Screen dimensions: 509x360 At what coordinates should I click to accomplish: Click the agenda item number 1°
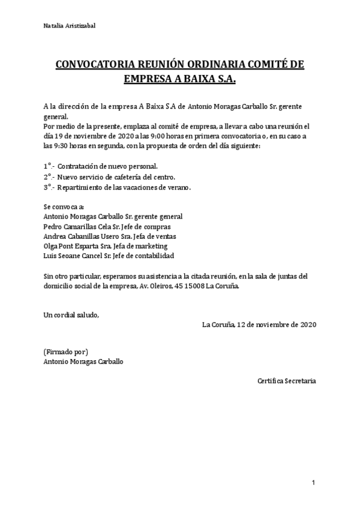49,165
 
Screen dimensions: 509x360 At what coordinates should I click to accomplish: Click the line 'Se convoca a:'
60,207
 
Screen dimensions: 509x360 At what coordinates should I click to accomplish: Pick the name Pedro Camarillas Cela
81,226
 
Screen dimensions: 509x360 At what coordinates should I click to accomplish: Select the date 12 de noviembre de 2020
277,325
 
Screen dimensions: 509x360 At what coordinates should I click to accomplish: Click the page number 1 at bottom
313,483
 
